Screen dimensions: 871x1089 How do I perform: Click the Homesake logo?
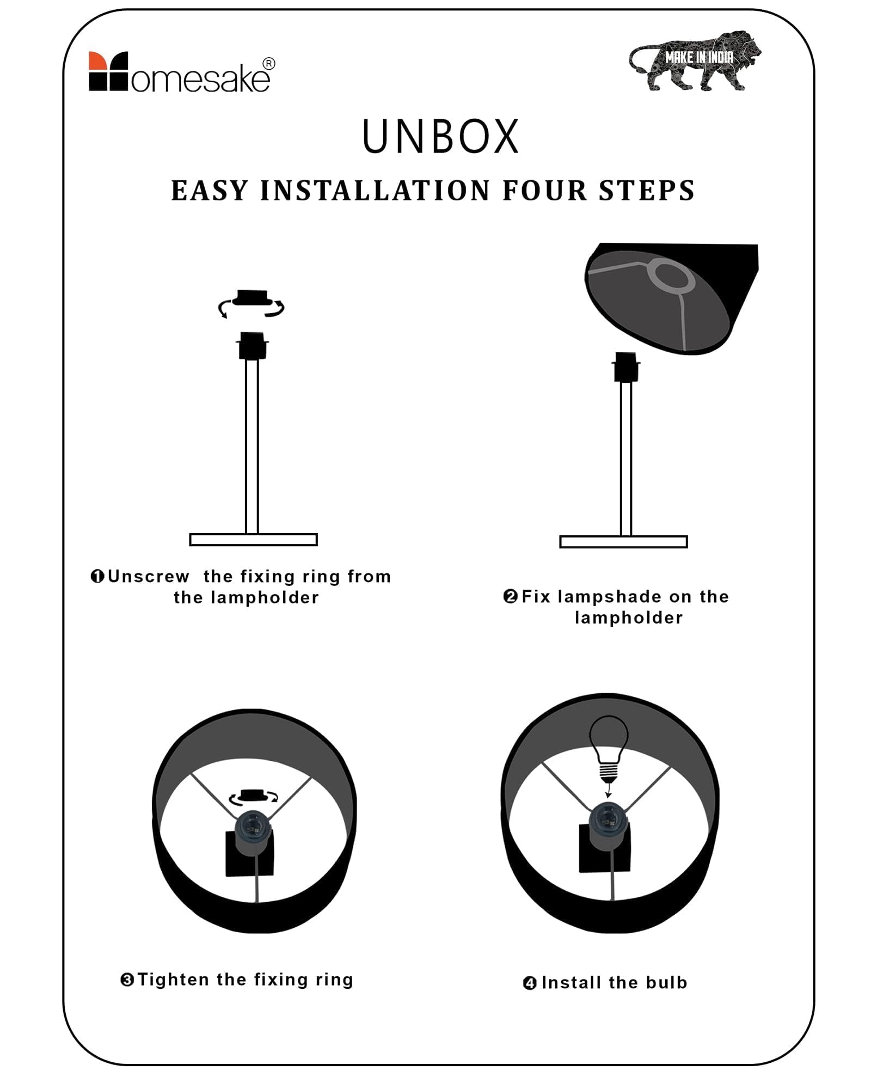pyautogui.click(x=182, y=72)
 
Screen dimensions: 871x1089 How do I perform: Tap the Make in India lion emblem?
pyautogui.click(x=695, y=60)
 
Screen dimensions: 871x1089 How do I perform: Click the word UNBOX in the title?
pyautogui.click(x=440, y=136)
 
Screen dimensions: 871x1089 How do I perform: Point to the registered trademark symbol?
pyautogui.click(x=269, y=64)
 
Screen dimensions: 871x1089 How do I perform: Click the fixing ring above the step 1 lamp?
pyautogui.click(x=252, y=299)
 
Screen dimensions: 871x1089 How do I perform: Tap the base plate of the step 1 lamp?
pyautogui.click(x=253, y=540)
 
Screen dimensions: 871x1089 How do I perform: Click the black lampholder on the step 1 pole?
pyautogui.click(x=253, y=346)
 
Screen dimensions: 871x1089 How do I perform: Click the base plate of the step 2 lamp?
pyautogui.click(x=623, y=542)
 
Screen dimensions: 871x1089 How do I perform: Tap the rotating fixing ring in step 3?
pyautogui.click(x=254, y=796)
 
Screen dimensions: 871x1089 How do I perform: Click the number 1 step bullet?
pyautogui.click(x=97, y=576)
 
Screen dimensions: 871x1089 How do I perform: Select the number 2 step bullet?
pyautogui.click(x=511, y=596)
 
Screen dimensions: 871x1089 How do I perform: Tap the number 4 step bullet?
pyautogui.click(x=530, y=983)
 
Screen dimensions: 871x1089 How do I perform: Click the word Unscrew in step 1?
pyautogui.click(x=149, y=576)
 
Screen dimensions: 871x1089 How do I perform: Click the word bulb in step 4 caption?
pyautogui.click(x=666, y=982)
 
